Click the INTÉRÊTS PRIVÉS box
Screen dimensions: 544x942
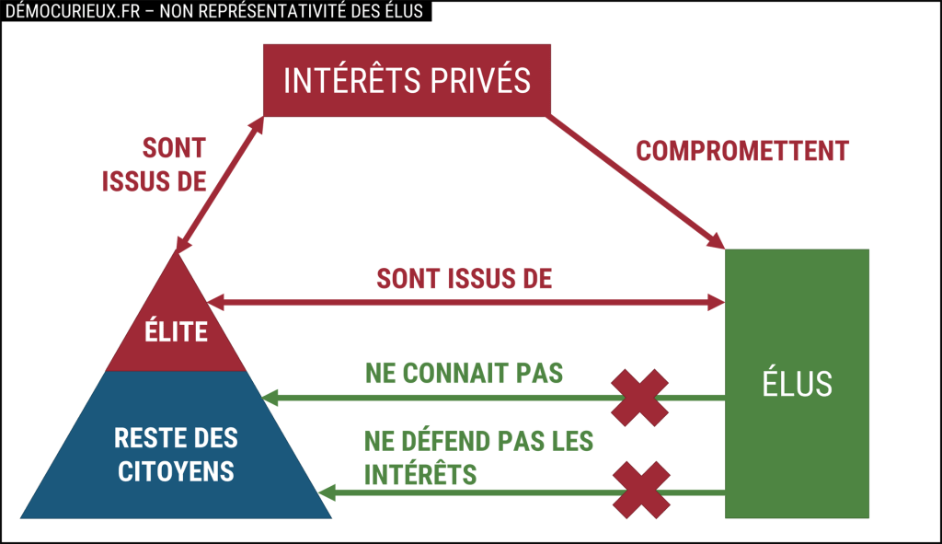tap(407, 80)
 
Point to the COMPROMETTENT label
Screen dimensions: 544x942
tap(742, 151)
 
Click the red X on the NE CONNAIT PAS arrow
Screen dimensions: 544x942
tap(640, 398)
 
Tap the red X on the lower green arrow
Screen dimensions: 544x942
tap(640, 490)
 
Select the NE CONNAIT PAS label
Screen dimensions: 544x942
tap(464, 374)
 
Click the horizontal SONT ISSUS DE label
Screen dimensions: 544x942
tap(465, 279)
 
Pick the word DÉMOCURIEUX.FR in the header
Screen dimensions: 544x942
tap(65, 11)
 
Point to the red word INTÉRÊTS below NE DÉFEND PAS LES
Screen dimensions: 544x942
tap(419, 475)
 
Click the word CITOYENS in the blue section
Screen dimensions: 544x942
tap(176, 472)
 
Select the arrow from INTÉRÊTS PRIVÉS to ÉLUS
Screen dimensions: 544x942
tap(636, 181)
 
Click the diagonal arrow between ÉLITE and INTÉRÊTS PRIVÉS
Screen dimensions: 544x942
tap(219, 184)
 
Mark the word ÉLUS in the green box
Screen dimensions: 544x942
tap(797, 384)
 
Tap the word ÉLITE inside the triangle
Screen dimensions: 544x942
tap(176, 331)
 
